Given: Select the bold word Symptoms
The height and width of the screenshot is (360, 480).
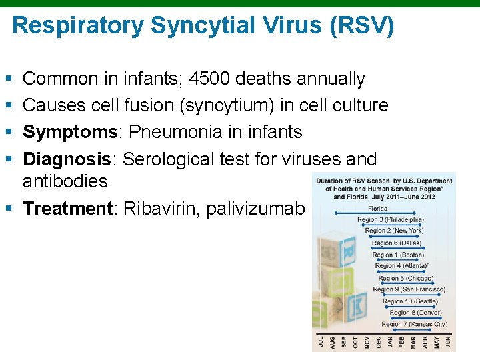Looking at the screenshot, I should click(69, 133).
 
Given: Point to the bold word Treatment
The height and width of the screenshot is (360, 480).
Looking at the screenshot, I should click(69, 209).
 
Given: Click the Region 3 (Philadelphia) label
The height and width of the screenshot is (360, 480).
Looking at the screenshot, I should click(390, 219).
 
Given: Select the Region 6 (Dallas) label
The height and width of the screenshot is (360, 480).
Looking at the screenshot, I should click(397, 243).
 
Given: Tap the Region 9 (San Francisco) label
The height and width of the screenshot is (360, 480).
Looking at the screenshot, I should click(409, 289).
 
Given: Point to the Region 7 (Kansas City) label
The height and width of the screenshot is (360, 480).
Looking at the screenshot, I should click(414, 324).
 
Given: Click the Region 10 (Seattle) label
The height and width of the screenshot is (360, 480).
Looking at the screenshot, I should click(411, 301).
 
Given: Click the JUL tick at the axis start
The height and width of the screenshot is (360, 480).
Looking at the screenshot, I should click(321, 341).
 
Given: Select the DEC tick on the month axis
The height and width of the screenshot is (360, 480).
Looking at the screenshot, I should click(379, 341).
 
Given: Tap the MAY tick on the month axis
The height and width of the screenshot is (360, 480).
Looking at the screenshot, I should click(437, 341).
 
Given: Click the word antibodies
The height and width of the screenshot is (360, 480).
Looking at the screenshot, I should click(65, 181).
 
